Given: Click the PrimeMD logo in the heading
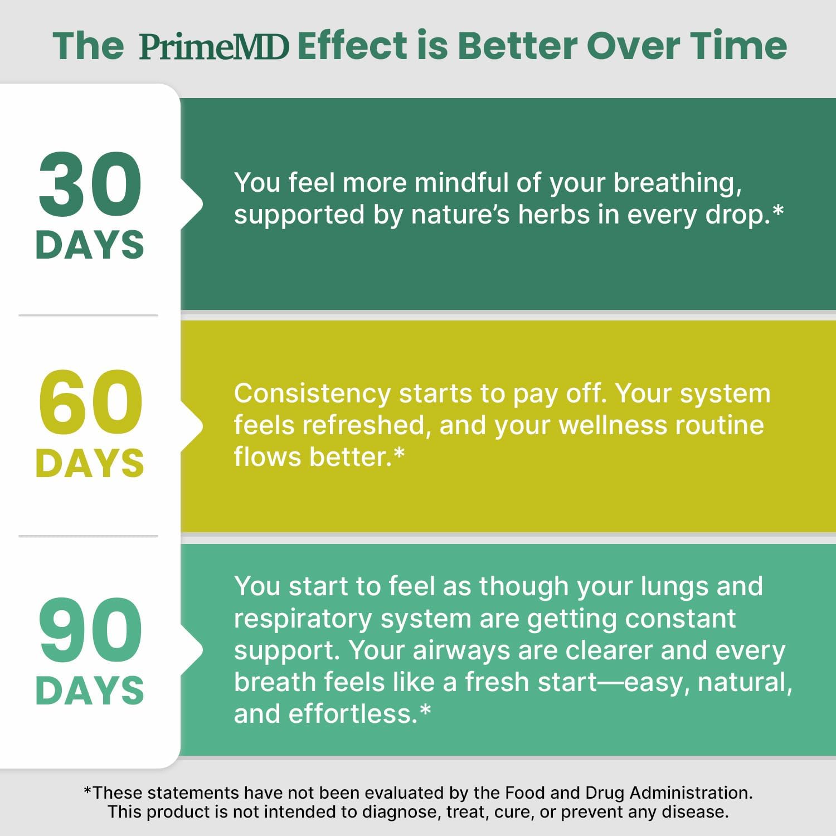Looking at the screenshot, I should point(215,46).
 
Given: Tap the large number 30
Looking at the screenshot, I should point(90,184).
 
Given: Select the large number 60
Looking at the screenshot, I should point(90,403).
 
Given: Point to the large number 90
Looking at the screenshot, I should point(90,630).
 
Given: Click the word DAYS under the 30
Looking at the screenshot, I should point(90,245).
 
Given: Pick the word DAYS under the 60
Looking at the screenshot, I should point(90,463).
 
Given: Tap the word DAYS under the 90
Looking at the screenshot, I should point(90,691).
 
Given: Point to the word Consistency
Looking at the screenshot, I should point(312,394).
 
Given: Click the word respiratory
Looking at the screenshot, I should point(302,619).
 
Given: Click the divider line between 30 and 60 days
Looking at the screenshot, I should point(88,315).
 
